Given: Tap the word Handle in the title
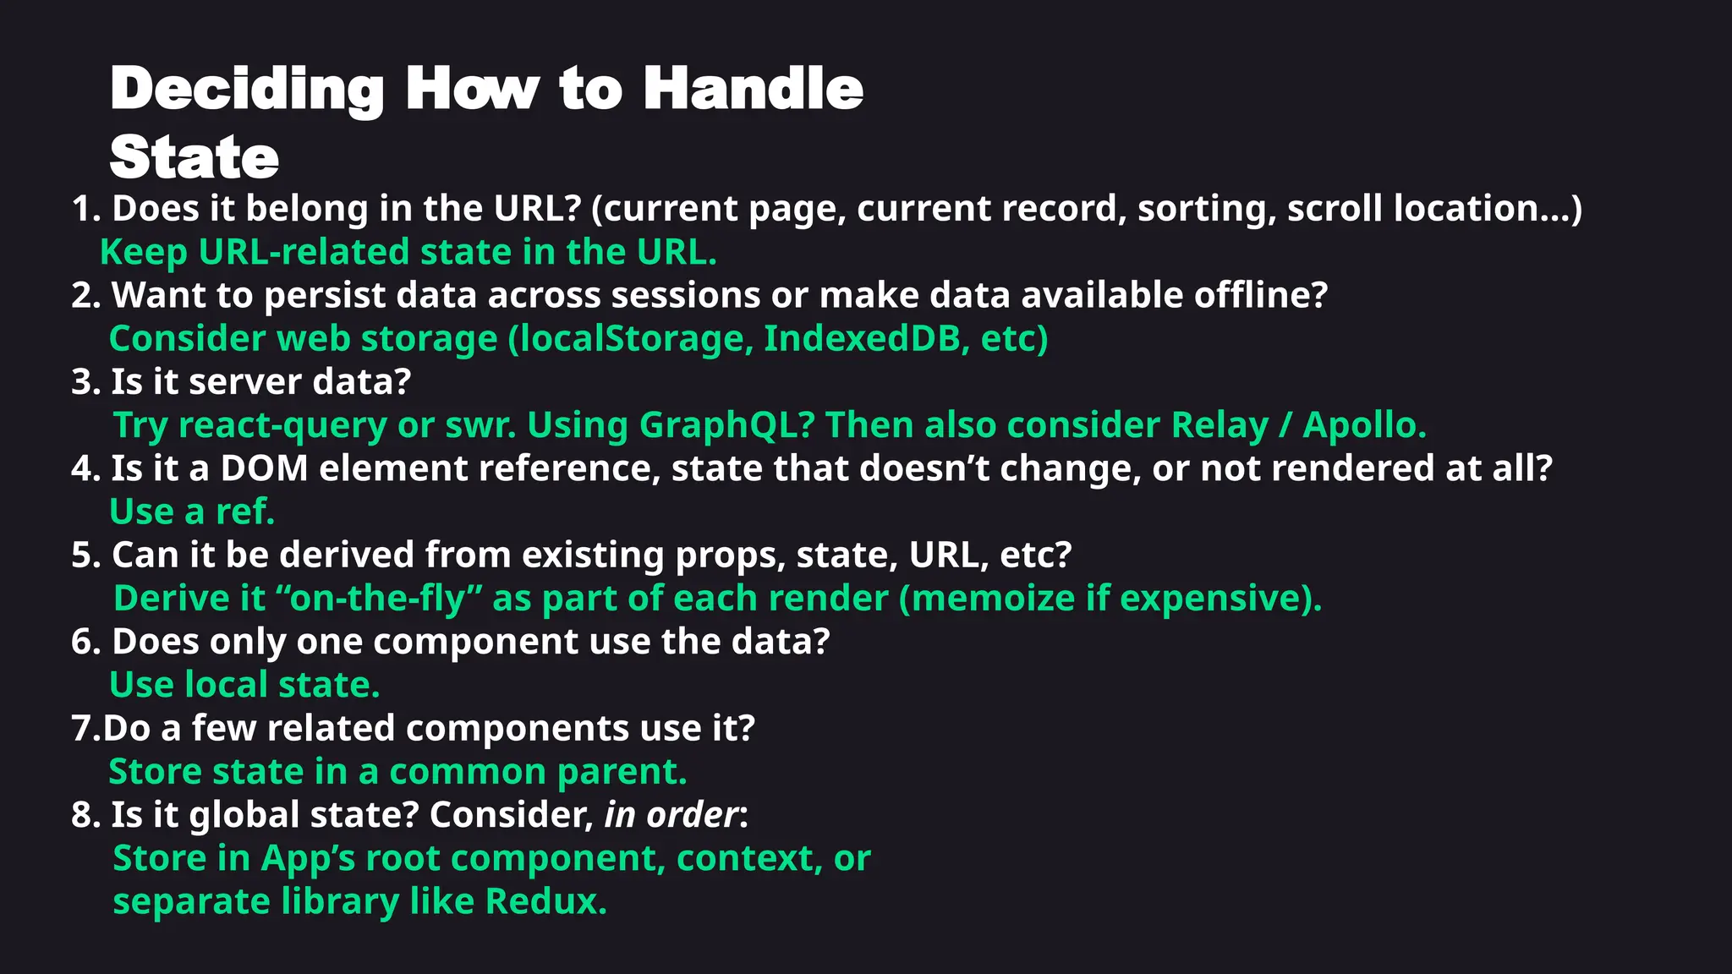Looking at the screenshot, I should coord(753,88).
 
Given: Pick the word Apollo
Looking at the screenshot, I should coord(1363,425).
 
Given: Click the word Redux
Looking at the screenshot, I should coord(545,901).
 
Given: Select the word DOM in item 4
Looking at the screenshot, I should coord(264,468).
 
